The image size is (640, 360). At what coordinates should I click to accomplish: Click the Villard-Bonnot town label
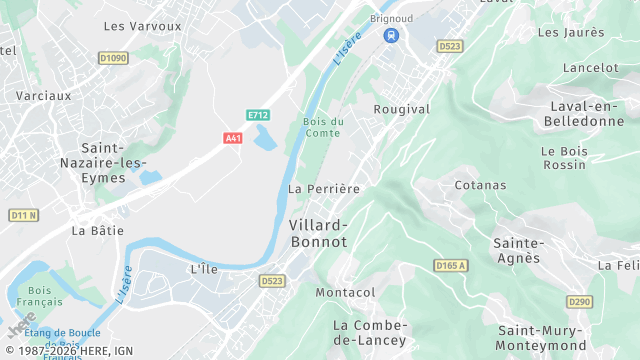tap(318, 233)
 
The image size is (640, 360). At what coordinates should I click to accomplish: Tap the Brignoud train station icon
tap(390, 36)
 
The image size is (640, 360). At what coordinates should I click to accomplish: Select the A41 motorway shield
tap(233, 137)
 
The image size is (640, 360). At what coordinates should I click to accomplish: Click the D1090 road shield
tap(113, 59)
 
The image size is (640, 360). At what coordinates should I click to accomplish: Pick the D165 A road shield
tap(451, 265)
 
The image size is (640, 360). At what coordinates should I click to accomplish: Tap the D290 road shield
tap(578, 301)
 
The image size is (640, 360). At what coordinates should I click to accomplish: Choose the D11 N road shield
tap(23, 215)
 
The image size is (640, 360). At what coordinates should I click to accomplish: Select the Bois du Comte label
tap(323, 127)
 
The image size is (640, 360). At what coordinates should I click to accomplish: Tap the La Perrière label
tap(323, 188)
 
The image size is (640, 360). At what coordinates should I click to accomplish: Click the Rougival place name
tap(401, 109)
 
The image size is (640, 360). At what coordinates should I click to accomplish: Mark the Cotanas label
tap(480, 185)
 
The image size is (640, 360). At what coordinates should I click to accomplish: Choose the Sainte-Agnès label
tap(517, 250)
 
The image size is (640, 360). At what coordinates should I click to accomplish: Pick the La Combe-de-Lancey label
tap(370, 332)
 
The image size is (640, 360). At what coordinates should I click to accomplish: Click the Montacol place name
tap(345, 292)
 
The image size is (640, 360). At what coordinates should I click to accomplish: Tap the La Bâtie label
tap(98, 230)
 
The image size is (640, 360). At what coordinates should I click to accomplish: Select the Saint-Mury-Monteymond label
tap(541, 338)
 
